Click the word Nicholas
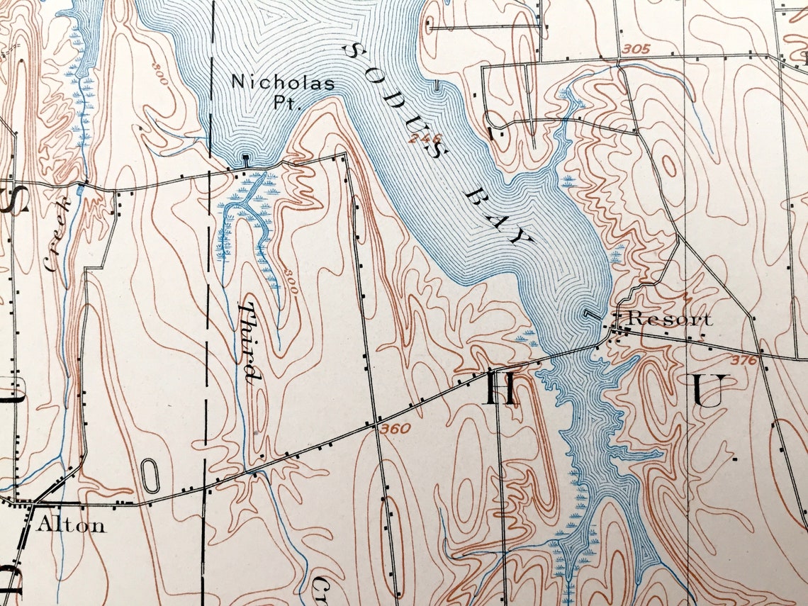(283, 82)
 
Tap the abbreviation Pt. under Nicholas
(288, 103)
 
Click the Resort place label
(669, 319)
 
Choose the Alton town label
(71, 525)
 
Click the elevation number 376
(744, 361)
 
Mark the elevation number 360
(395, 429)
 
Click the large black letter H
(500, 388)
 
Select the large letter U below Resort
(706, 391)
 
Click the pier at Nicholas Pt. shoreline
(245, 160)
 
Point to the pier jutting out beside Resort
(591, 314)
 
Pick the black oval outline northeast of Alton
(150, 476)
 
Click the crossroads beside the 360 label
(374, 427)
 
